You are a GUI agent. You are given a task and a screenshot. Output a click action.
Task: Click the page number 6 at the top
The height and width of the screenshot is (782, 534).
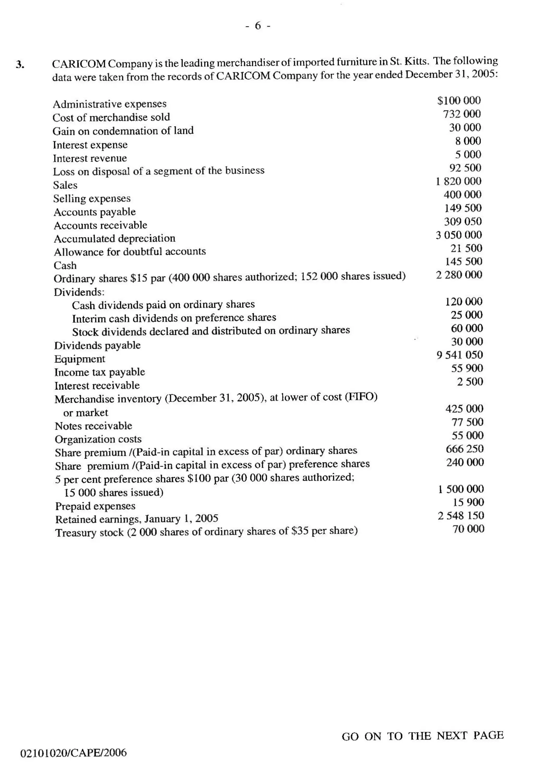[258, 26]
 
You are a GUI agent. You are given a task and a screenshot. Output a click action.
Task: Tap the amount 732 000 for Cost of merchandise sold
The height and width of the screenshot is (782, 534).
[462, 114]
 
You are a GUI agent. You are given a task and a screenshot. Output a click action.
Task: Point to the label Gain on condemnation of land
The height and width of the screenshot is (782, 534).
[123, 131]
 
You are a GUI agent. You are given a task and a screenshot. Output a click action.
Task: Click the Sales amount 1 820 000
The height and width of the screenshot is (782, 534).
[458, 181]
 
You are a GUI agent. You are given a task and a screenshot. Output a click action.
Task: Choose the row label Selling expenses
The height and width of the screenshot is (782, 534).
[92, 198]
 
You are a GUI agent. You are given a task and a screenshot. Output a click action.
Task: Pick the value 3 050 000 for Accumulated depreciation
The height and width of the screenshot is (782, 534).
[459, 234]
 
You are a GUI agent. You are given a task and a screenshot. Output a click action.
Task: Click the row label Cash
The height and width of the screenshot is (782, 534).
[65, 266]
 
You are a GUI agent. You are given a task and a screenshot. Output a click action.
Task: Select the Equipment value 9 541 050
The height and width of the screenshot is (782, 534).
[460, 355]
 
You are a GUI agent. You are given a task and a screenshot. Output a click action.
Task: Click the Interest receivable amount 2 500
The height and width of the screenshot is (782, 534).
[470, 382]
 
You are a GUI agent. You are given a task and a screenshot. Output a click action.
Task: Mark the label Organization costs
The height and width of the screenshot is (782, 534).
[98, 439]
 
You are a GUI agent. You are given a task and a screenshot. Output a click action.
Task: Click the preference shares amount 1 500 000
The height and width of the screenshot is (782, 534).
[461, 489]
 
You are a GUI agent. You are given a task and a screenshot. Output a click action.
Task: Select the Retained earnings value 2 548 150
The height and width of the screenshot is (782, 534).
[461, 515]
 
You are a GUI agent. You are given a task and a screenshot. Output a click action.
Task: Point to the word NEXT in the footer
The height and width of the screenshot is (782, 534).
[452, 736]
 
